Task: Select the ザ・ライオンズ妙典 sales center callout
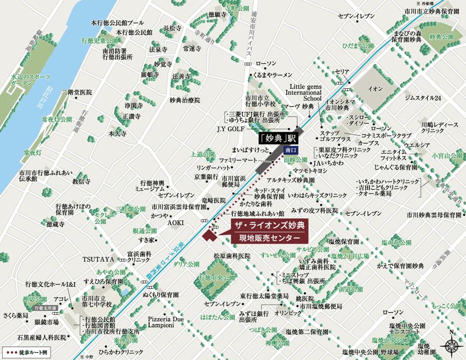pos(268,232)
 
